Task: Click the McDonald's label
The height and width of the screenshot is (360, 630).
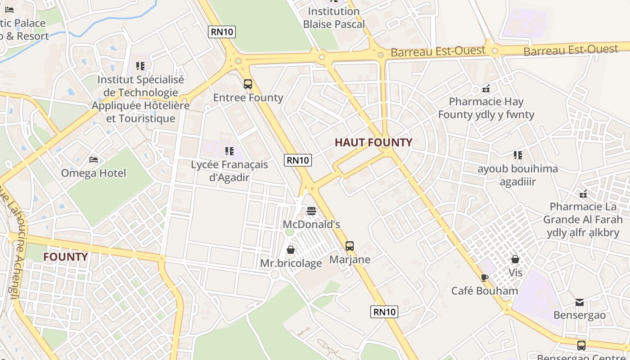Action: pyautogui.click(x=311, y=224)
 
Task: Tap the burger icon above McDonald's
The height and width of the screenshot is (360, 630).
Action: pyautogui.click(x=311, y=211)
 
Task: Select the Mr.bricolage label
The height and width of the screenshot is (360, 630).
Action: pyautogui.click(x=291, y=263)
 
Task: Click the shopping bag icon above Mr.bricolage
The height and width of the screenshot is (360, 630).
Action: pyautogui.click(x=291, y=250)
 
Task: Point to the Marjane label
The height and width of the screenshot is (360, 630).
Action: pyautogui.click(x=350, y=260)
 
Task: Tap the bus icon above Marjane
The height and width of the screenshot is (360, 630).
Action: pyautogui.click(x=350, y=246)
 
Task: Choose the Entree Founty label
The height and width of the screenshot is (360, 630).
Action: pyautogui.click(x=248, y=98)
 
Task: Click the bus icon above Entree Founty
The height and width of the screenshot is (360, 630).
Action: pyautogui.click(x=248, y=84)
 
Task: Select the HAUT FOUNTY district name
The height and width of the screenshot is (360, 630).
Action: pyautogui.click(x=373, y=143)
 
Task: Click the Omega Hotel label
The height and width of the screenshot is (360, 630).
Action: pyautogui.click(x=94, y=173)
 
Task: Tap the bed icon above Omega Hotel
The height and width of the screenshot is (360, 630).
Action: pyautogui.click(x=94, y=159)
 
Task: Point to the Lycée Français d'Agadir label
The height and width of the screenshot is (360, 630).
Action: pyautogui.click(x=229, y=171)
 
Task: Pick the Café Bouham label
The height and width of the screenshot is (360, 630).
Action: pyautogui.click(x=485, y=291)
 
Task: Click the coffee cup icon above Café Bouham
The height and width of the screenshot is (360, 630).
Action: pyautogui.click(x=485, y=278)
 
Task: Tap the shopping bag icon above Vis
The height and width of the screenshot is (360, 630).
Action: pyautogui.click(x=515, y=259)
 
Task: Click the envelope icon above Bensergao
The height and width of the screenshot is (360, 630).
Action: pyautogui.click(x=580, y=302)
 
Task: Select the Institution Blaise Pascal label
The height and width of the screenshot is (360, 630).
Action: pyautogui.click(x=333, y=18)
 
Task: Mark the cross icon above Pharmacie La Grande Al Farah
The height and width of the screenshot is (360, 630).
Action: pyautogui.click(x=583, y=194)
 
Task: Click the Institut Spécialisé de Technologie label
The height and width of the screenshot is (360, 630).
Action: pyautogui.click(x=141, y=99)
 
